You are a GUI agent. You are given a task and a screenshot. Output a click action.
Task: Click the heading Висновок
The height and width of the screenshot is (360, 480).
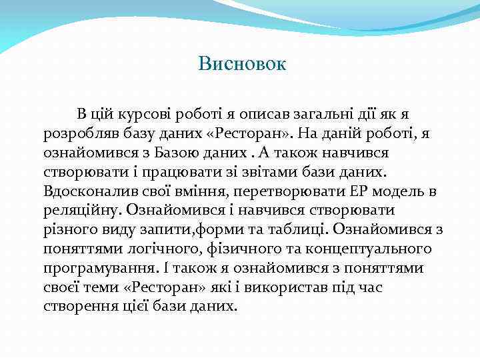point(242,64)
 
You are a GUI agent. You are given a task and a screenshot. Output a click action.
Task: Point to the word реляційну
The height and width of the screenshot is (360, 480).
point(79,211)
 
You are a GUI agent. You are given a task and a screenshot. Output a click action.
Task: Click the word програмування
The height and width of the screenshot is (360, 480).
point(93,269)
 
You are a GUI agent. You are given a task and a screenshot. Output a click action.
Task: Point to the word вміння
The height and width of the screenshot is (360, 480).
point(181,191)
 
